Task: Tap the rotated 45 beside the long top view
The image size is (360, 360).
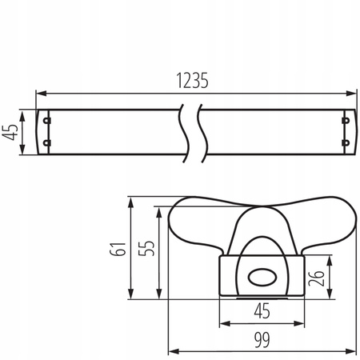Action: tap(11, 131)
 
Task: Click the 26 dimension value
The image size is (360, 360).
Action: tap(318, 277)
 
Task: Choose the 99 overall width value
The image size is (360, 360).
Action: tap(261, 339)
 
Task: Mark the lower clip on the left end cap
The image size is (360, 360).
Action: tap(47, 143)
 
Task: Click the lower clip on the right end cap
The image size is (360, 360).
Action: tap(346, 143)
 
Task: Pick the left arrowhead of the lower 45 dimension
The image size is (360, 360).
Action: tap(222, 324)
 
